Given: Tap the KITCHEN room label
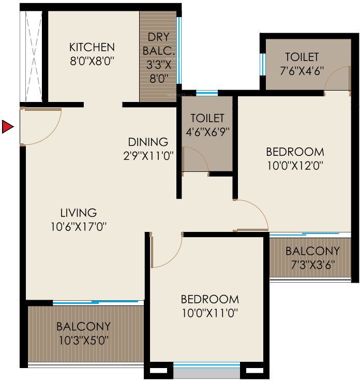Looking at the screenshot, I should pos(92,47).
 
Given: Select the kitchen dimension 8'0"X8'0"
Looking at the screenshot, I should pos(92,60).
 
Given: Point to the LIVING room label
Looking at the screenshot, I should pos(78,212).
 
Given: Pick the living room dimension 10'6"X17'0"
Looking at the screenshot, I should pos(79,226).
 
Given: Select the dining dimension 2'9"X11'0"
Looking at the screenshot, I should pos(148,154).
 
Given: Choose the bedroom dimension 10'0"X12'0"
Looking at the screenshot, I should pos(295,165).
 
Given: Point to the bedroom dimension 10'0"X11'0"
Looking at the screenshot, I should pos(210,313).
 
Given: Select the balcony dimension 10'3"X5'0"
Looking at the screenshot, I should pos(83,340).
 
